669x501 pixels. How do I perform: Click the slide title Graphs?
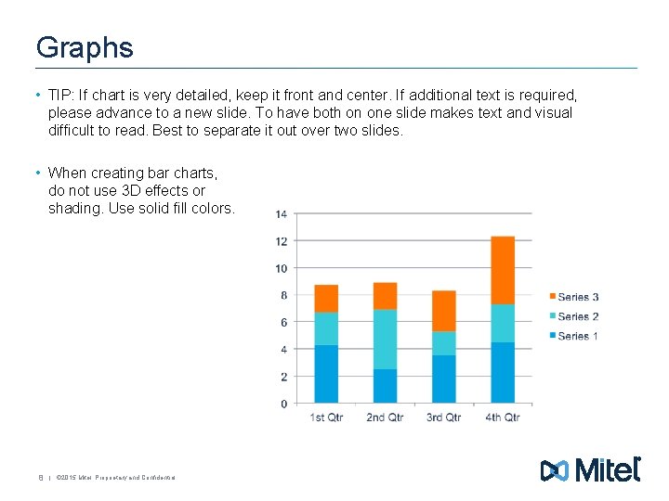(x=85, y=48)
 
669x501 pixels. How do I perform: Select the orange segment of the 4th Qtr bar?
(x=503, y=270)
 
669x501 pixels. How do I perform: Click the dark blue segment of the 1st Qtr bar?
(x=326, y=374)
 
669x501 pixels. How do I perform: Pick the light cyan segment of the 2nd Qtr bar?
(x=385, y=339)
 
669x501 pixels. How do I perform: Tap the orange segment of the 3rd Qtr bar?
(x=444, y=311)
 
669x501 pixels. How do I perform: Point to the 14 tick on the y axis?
(x=281, y=214)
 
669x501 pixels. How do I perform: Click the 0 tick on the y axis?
(x=283, y=404)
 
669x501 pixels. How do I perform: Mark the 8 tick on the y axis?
(x=283, y=296)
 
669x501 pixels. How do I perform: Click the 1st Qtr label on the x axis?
(x=326, y=417)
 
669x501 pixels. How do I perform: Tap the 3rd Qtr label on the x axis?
(x=443, y=417)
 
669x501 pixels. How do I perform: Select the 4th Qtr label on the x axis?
(x=503, y=417)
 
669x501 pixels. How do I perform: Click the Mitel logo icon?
(x=555, y=471)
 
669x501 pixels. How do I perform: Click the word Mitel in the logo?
(x=608, y=470)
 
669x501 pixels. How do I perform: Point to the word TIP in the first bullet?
(x=61, y=96)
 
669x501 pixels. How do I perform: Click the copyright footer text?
(x=115, y=478)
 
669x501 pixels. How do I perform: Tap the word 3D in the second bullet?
(x=133, y=190)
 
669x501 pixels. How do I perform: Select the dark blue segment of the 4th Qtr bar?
(x=503, y=373)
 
